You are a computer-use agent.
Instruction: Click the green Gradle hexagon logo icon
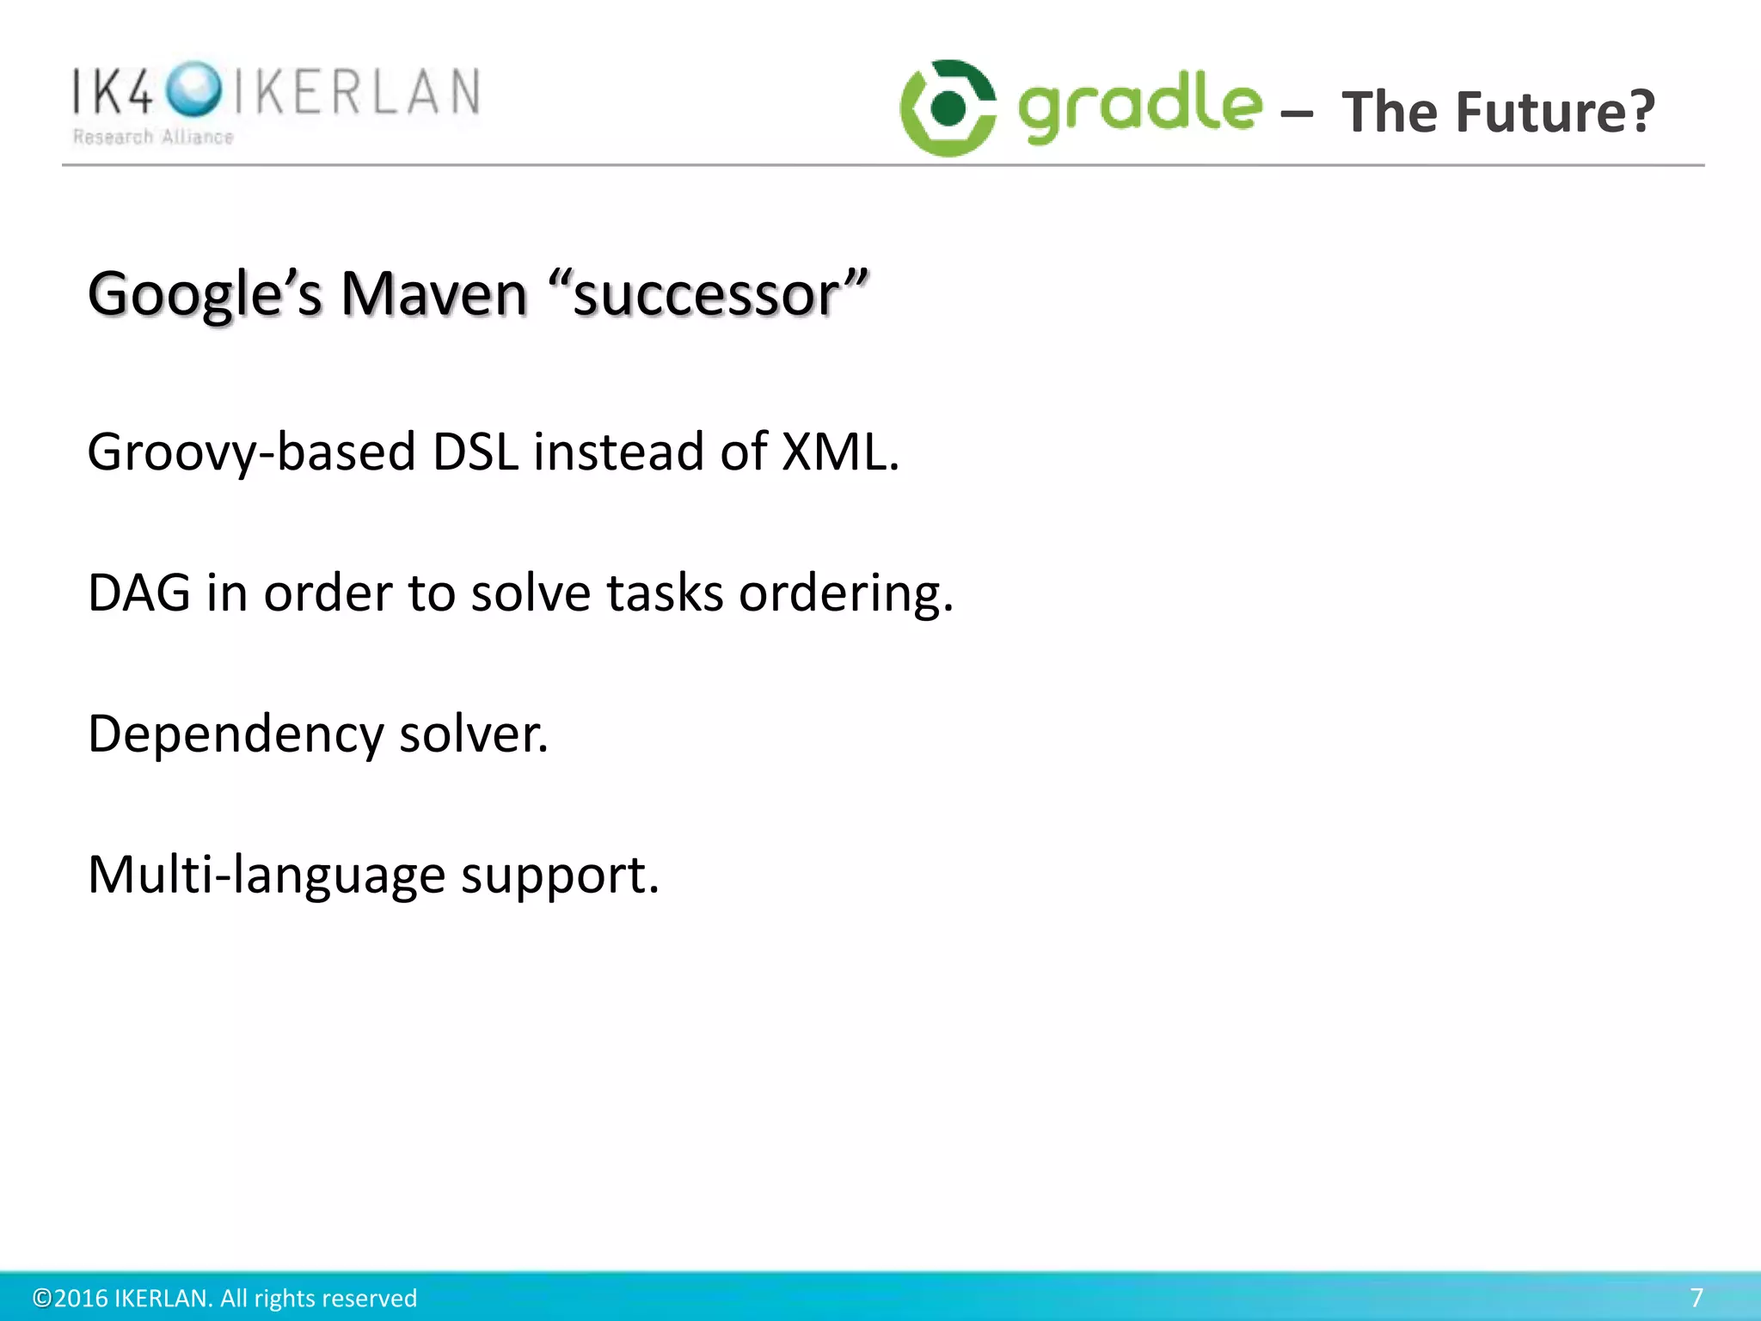(x=948, y=108)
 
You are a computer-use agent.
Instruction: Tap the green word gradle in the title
(x=1140, y=108)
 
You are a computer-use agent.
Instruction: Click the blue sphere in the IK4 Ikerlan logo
(x=193, y=89)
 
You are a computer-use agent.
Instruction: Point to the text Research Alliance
(x=153, y=138)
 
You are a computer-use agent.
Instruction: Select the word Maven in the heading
(x=433, y=294)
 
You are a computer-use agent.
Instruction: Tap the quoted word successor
(x=708, y=294)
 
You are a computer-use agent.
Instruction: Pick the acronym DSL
(x=476, y=452)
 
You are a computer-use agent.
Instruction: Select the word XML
(x=839, y=452)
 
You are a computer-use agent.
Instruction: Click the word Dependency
(x=236, y=735)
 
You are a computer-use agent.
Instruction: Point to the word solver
(x=473, y=735)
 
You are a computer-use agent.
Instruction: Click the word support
(x=560, y=876)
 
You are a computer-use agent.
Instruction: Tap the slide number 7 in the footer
(x=1696, y=1297)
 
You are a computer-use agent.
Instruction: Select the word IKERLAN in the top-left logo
(x=357, y=91)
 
